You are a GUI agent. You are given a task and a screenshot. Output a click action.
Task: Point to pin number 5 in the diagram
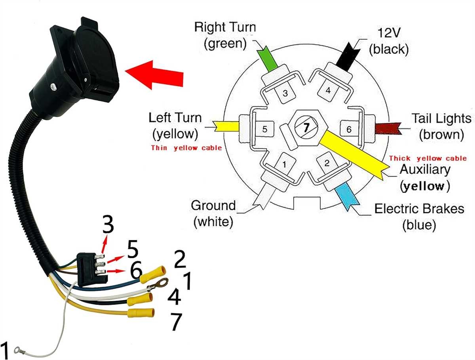coord(264,129)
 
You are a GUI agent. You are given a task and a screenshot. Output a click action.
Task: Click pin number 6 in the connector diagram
coord(348,129)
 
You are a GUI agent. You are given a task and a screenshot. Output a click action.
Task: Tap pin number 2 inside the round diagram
coord(327,163)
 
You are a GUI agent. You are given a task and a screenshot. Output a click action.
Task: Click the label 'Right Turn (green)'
coord(225,35)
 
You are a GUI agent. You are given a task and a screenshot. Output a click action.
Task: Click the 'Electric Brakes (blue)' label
coord(419,216)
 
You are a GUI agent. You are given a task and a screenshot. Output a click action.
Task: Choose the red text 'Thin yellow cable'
coord(186,149)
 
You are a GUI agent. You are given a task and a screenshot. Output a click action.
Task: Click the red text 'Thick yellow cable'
coord(428,158)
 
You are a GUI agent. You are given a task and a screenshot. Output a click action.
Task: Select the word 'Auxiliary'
coord(425,170)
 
